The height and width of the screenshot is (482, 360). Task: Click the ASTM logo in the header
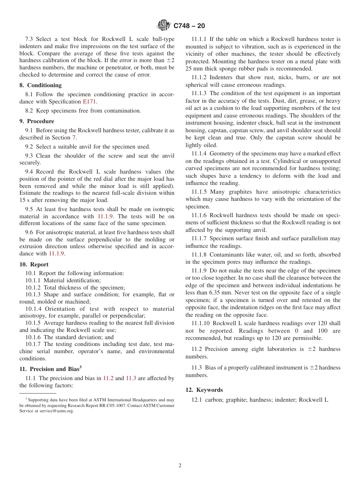tap(164, 25)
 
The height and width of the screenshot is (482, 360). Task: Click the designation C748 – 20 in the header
tap(189, 26)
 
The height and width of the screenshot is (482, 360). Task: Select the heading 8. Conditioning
tap(41, 85)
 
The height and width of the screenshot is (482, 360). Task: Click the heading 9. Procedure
tap(37, 121)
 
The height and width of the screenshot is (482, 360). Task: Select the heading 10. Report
tap(34, 264)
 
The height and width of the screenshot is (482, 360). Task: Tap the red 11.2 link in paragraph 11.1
tap(108, 378)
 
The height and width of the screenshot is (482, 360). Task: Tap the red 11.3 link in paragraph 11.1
tap(131, 378)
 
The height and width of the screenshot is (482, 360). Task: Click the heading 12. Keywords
tap(204, 390)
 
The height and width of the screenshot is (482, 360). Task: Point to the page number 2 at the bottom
tap(180, 466)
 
